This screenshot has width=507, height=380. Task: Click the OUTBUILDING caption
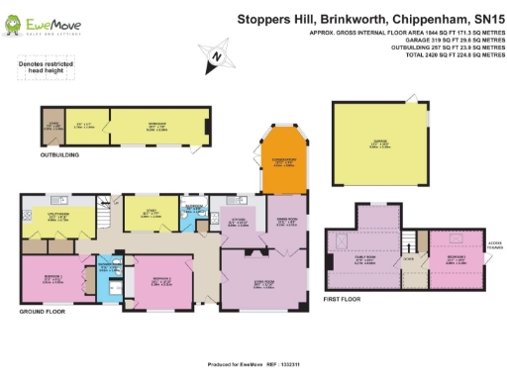(59, 155)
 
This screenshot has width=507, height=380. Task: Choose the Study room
(149, 212)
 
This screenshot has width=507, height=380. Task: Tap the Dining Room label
(286, 222)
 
